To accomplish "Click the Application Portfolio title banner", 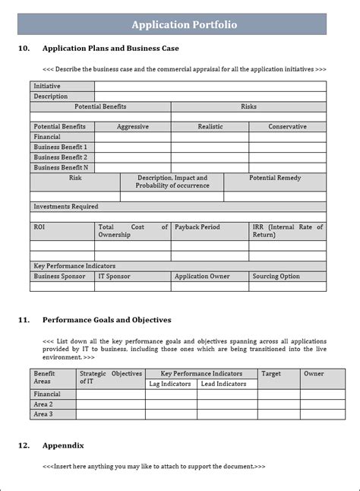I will pos(184,24).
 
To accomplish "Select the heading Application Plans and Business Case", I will pos(111,49).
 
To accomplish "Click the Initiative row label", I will pos(47,87).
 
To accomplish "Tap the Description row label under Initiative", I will pos(51,97).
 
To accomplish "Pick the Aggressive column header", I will pos(132,127).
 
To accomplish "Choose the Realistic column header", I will pos(210,127).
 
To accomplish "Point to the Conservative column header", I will pos(287,127).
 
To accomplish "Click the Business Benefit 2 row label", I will pos(61,157).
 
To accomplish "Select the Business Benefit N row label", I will pos(61,167).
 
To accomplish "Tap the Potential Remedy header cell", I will pos(275,178).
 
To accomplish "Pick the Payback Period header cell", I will pos(197,227).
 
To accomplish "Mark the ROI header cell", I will pos(39,227).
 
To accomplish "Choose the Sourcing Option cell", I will pos(276,277).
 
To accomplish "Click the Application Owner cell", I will pos(202,277).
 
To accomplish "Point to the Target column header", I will pos(271,374).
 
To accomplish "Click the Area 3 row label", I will pos(43,414).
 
